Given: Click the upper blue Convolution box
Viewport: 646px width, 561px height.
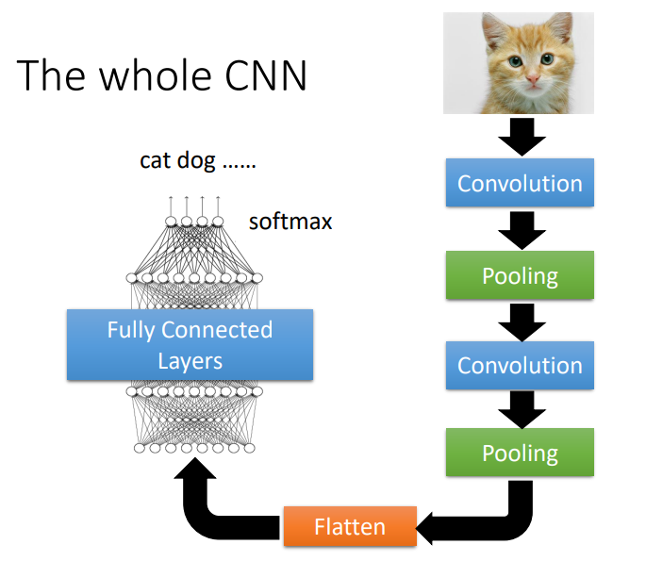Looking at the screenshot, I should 520,184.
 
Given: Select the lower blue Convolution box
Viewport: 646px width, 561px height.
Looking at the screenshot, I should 520,366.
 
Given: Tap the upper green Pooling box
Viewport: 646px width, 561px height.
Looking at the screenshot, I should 520,275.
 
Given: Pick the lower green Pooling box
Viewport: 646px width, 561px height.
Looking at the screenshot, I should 520,453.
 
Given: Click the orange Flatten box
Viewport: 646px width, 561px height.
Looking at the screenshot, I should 350,526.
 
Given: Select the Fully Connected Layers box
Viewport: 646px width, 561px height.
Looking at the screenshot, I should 190,345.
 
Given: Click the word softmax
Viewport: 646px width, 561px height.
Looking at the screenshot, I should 290,223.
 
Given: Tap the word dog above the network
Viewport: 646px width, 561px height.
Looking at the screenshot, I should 196,160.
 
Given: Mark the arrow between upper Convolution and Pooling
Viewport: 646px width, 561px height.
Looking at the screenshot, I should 521,229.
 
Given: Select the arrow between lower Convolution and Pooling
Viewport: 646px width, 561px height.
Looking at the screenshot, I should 521,409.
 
